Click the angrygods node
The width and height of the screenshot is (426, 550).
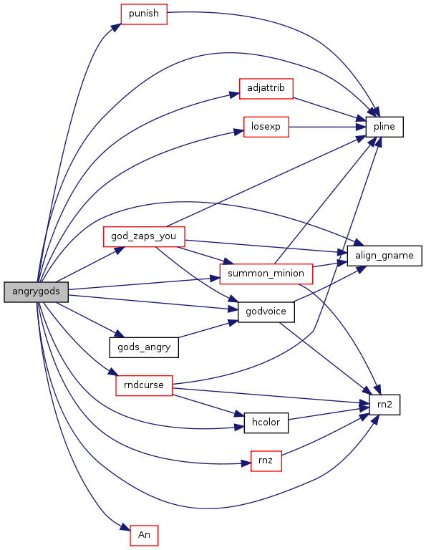[x=36, y=291]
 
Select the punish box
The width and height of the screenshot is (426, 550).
[x=144, y=14]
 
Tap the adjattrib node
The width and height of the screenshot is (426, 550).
[x=266, y=88]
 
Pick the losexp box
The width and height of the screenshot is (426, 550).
[x=266, y=127]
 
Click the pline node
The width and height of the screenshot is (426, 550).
[x=384, y=127]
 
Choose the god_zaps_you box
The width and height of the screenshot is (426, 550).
[x=144, y=236]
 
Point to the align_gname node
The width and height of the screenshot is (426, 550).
[x=384, y=256]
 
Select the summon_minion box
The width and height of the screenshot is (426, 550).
[x=266, y=274]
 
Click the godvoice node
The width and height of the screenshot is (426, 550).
[x=266, y=312]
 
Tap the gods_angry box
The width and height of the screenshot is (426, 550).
[x=144, y=347]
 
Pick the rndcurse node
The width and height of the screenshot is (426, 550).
[x=144, y=385]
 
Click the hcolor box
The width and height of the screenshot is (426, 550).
[x=266, y=423]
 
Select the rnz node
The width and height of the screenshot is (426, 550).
[x=266, y=461]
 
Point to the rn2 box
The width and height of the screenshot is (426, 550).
[x=384, y=405]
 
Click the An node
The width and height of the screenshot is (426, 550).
[x=144, y=535]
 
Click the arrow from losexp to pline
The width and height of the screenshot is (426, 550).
[x=327, y=127]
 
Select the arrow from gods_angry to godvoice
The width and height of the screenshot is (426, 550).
[x=208, y=329]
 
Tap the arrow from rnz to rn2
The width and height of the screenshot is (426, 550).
[x=324, y=435]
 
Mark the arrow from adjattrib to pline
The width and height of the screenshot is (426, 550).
[x=329, y=109]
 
